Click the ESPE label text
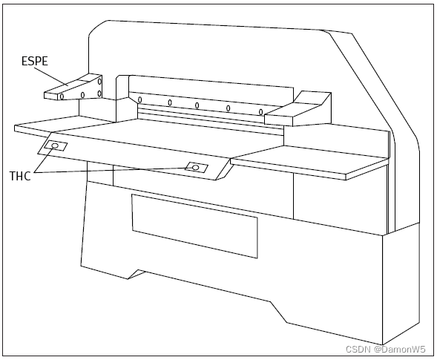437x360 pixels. click(x=35, y=61)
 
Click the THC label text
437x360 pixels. click(x=20, y=176)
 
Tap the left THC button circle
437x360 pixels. click(x=55, y=145)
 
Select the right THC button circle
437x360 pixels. click(x=196, y=167)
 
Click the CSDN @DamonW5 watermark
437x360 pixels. click(x=386, y=349)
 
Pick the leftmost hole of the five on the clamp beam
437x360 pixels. click(x=140, y=99)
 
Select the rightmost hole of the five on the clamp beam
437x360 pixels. click(x=260, y=112)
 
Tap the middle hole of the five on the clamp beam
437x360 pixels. click(x=197, y=105)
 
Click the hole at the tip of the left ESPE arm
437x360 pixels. click(x=62, y=96)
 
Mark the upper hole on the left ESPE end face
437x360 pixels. click(x=99, y=82)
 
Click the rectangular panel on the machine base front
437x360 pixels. click(x=194, y=226)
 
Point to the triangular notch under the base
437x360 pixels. click(x=136, y=274)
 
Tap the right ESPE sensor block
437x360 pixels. click(x=298, y=109)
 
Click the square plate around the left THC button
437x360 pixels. click(x=56, y=145)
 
